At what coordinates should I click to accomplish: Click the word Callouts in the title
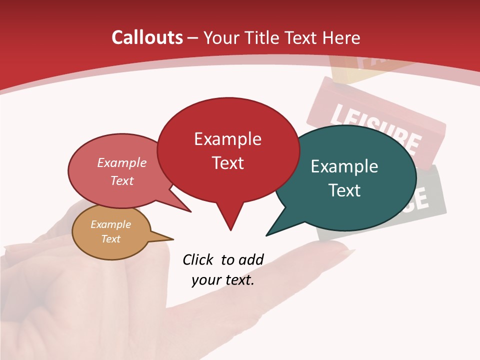pyautogui.click(x=147, y=37)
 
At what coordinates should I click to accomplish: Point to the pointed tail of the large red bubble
pyautogui.click(x=230, y=229)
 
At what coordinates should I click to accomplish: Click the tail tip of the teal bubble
pyautogui.click(x=267, y=235)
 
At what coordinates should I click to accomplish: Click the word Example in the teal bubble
pyautogui.click(x=344, y=166)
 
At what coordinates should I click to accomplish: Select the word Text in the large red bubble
pyautogui.click(x=228, y=163)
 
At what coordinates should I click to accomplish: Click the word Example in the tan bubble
pyautogui.click(x=111, y=224)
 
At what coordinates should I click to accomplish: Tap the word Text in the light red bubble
pyautogui.click(x=122, y=180)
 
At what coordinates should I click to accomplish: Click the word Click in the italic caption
pyautogui.click(x=198, y=259)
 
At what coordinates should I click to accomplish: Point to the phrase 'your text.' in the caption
pyautogui.click(x=223, y=280)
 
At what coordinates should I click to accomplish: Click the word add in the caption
pyautogui.click(x=251, y=259)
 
